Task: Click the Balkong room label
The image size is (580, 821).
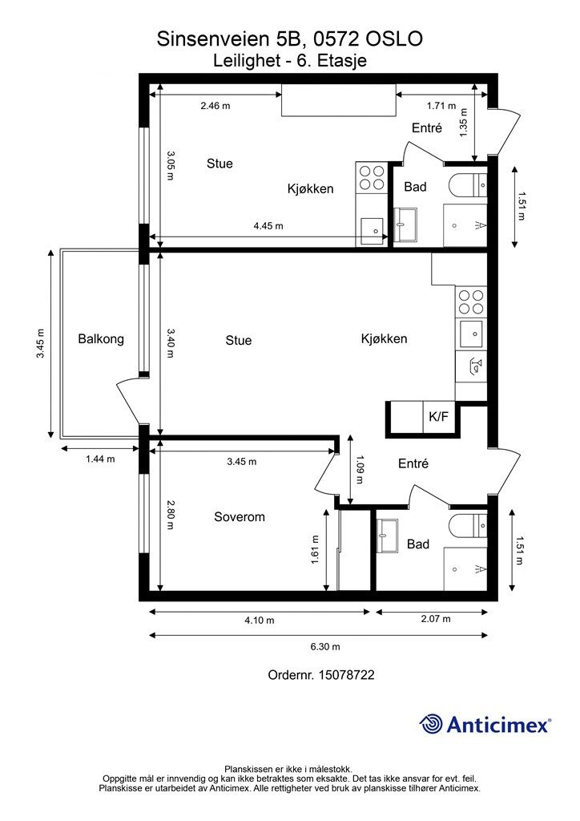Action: coord(101,339)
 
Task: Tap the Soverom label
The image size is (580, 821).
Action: coord(240,517)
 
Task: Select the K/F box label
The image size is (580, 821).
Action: coord(438,417)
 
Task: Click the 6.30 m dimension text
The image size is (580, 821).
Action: coord(325,647)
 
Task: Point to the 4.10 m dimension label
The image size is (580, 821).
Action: coord(260,621)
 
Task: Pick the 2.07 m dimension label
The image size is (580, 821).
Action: coord(436,619)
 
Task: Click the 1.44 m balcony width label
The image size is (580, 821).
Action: coord(100,459)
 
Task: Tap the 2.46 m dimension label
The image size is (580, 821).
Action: coord(215,106)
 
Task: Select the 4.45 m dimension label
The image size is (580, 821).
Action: coord(268,226)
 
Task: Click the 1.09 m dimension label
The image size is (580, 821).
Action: coord(360,469)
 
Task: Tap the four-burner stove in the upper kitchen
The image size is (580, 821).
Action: coord(372,177)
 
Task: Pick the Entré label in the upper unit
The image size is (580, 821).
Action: coord(427,127)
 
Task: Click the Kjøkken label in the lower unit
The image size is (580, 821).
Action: coord(384,339)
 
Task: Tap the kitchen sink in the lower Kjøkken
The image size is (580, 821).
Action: coord(471,334)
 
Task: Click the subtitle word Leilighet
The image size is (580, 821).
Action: coord(247,61)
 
